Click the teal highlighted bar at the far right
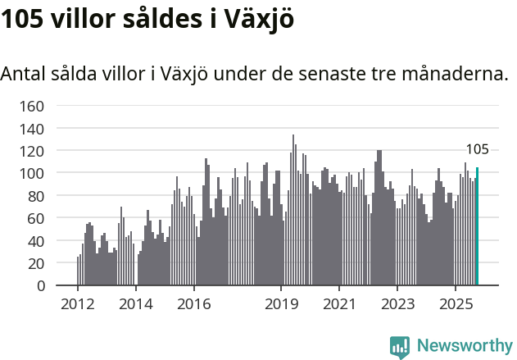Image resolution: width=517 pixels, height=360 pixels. [x=477, y=226]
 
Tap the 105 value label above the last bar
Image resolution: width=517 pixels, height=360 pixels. [x=477, y=149]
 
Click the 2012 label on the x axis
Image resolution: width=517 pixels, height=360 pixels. [x=78, y=304]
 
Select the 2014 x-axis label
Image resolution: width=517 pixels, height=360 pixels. [x=136, y=304]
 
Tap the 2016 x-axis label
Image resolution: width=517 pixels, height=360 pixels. [x=193, y=304]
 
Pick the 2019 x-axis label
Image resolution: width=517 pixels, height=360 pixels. [x=281, y=304]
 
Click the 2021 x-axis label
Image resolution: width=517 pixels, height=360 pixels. [x=339, y=304]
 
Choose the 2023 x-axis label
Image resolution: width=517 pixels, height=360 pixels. [x=397, y=304]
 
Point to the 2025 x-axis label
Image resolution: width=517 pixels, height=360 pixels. [x=456, y=304]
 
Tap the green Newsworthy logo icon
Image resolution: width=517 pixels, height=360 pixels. [x=400, y=347]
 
